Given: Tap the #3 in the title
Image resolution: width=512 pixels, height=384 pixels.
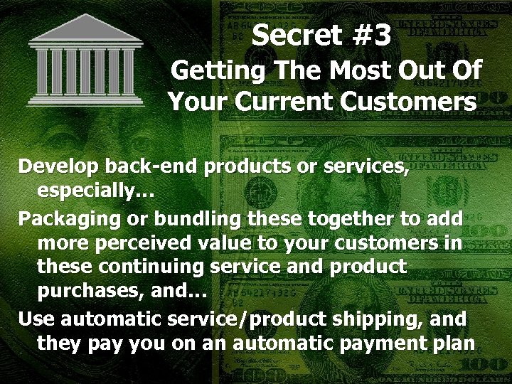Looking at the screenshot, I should (x=366, y=36).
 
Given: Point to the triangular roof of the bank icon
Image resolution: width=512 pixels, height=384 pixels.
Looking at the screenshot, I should (x=85, y=30).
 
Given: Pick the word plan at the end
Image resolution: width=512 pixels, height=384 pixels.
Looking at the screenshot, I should (x=454, y=343).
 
